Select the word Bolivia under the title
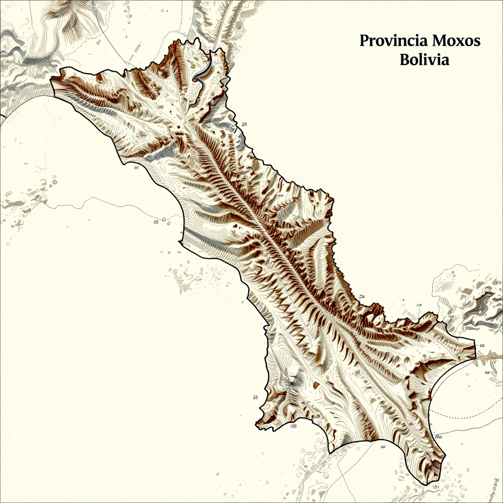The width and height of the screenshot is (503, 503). point(424,60)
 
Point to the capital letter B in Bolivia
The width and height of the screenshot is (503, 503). point(404,60)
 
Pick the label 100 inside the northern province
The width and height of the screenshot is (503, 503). point(160,106)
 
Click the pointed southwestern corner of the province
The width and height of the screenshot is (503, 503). point(256,423)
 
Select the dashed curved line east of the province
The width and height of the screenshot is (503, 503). point(472,416)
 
